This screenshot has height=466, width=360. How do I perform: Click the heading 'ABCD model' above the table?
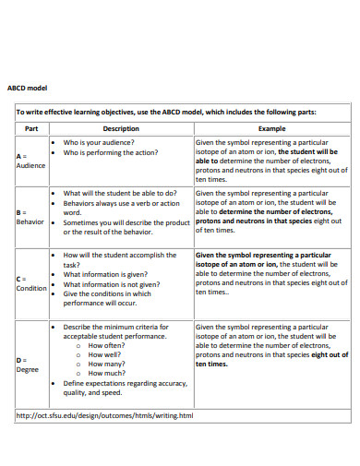point(27,89)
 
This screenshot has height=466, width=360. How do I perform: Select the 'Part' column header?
point(30,129)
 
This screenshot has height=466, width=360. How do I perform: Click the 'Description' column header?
point(121,129)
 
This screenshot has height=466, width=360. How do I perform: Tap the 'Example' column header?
point(271,129)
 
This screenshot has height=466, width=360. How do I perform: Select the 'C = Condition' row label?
point(31,282)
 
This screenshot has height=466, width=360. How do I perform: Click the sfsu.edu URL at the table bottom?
point(105,415)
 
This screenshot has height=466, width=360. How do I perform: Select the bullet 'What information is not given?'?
point(113,284)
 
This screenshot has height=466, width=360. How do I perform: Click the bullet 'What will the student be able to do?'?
point(121,194)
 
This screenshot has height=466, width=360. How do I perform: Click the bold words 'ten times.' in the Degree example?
point(212,364)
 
